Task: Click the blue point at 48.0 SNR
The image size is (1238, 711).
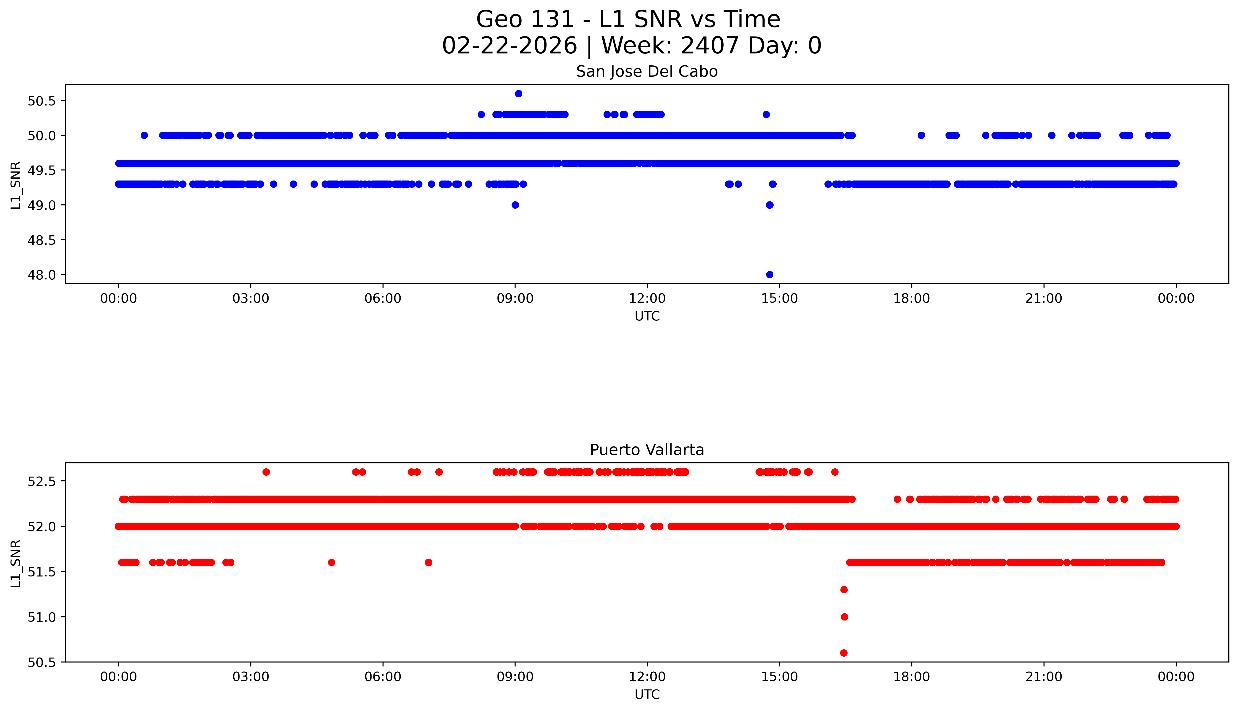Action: click(x=770, y=275)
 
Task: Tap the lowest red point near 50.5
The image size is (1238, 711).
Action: click(x=844, y=653)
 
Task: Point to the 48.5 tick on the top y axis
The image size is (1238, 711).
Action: click(x=42, y=240)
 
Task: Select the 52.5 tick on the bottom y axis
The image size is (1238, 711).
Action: click(x=42, y=481)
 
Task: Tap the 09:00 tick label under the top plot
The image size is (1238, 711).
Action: click(x=515, y=298)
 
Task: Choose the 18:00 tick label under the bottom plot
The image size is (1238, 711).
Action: click(x=911, y=677)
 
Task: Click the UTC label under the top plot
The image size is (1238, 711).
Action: click(x=647, y=316)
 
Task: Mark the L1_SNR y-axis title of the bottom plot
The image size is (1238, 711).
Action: click(x=16, y=563)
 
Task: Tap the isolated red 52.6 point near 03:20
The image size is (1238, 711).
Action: click(x=266, y=472)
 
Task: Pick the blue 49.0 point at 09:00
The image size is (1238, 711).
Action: click(x=515, y=205)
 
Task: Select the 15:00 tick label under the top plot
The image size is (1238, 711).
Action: click(x=779, y=298)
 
